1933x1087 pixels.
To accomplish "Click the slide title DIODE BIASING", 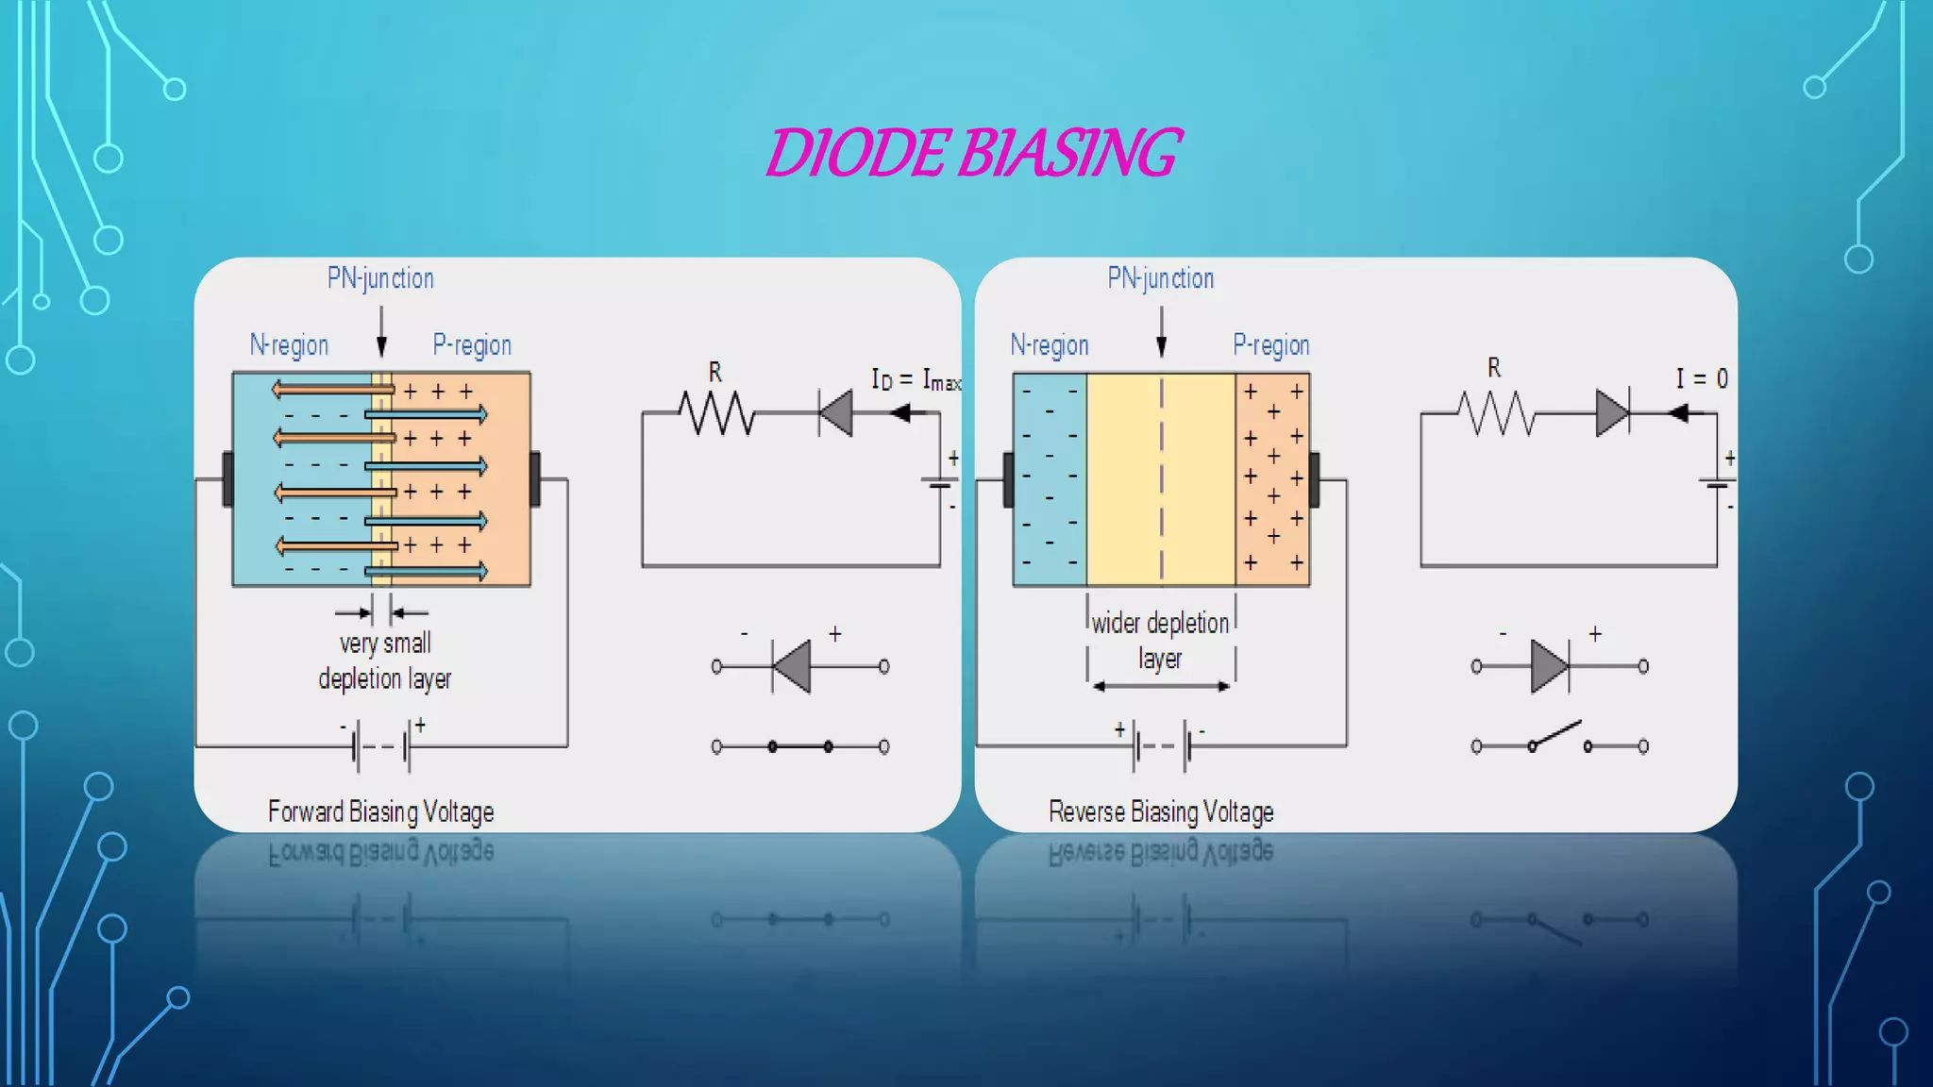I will coord(972,153).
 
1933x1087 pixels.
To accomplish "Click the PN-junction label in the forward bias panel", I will coord(380,278).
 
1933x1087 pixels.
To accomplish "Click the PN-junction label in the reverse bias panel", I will coord(1160,278).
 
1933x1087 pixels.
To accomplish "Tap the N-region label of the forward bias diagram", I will coord(289,345).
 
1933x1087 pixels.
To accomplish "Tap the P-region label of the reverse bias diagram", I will coord(1270,345).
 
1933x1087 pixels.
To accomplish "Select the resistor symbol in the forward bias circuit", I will coord(716,413).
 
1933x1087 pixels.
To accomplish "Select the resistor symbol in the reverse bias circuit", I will coord(1496,413).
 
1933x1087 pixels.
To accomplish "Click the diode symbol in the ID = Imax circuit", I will coord(836,413).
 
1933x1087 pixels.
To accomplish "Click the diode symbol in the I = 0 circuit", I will coord(1612,413).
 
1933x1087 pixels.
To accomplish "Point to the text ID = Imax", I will coord(915,380).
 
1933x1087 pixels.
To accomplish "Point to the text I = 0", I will coord(1701,379).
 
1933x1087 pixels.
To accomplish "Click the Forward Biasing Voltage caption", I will coord(380,811).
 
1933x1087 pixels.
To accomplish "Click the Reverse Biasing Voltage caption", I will coord(1161,811).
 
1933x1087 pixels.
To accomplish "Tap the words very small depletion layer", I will coord(384,661).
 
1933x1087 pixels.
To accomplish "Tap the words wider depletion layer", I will coord(1160,640).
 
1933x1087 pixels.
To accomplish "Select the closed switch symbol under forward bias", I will coord(799,746).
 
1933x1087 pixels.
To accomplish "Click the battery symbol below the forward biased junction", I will coord(382,746).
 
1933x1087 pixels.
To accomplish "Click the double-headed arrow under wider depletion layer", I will coord(1161,686).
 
